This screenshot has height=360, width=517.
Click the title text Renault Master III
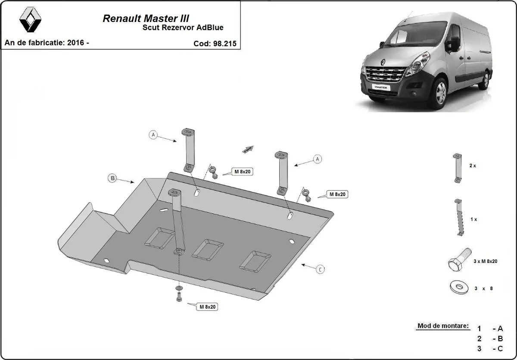146,19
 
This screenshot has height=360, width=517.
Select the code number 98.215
224,44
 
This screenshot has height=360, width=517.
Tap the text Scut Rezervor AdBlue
183,28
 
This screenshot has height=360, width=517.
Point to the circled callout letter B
113,178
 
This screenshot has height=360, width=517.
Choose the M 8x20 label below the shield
207,307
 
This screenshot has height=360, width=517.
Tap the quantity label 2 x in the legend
473,166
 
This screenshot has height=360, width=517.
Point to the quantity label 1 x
473,219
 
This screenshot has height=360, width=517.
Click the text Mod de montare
443,326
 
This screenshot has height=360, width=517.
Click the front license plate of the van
380,87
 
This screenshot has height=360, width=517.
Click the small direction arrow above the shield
248,149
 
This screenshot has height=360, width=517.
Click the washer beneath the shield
178,288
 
